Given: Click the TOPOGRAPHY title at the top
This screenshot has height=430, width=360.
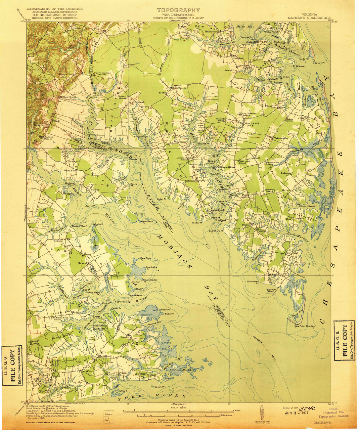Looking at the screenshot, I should pyautogui.click(x=178, y=10).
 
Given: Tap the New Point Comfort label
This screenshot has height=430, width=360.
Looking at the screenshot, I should pyautogui.click(x=305, y=326).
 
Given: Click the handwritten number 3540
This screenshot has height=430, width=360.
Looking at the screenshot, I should pyautogui.click(x=307, y=408).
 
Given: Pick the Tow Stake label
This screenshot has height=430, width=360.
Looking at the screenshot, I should pyautogui.click(x=151, y=267).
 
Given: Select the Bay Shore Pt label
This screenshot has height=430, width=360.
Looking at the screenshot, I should pyautogui.click(x=216, y=231).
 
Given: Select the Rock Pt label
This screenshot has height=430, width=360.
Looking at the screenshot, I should pyautogui.click(x=164, y=309).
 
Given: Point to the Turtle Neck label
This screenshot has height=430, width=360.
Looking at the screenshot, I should pyautogui.click(x=136, y=295).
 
